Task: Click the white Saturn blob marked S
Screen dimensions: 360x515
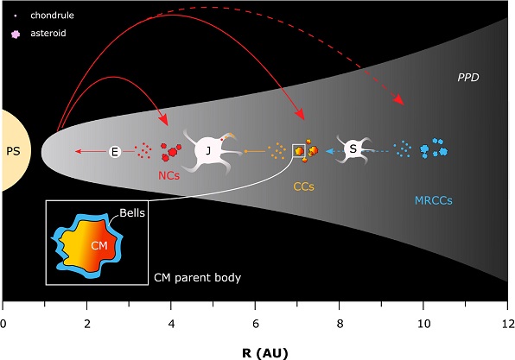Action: click(x=353, y=149)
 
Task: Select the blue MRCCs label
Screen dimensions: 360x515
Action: click(x=432, y=199)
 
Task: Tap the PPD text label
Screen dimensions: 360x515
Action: click(x=468, y=78)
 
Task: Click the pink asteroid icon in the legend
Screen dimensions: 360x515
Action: click(x=13, y=32)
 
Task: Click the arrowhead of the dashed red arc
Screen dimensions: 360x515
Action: click(x=400, y=102)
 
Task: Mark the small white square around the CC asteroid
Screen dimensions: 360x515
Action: click(x=298, y=150)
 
